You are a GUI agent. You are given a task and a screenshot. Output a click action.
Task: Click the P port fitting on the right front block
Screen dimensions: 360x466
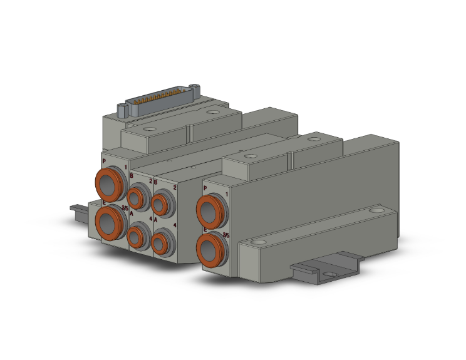(x=209, y=208)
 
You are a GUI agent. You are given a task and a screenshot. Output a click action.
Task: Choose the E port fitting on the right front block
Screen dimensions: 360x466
(x=209, y=248)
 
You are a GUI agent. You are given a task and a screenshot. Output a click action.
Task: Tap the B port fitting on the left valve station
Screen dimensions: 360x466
(x=138, y=193)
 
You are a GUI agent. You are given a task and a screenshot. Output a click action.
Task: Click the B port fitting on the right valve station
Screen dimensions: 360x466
(x=162, y=203)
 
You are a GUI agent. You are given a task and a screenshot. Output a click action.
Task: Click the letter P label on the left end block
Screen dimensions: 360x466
(x=103, y=160)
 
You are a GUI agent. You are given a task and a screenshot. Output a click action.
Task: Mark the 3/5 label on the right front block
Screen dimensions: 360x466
(x=225, y=236)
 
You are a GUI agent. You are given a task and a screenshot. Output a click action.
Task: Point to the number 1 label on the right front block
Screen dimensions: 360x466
(x=225, y=195)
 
